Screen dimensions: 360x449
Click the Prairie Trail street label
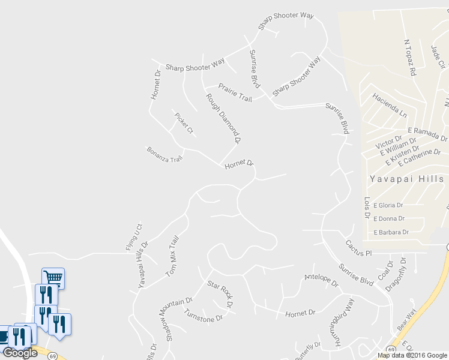point(235,92)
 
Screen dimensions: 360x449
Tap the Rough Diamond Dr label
point(223,118)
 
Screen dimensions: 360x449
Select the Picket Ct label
point(184,123)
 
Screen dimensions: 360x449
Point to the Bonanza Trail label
point(164,154)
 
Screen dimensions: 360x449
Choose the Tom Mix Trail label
point(172,256)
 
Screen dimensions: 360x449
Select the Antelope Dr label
point(321,280)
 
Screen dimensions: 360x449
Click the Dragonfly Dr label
point(397,274)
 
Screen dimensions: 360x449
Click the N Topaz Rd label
point(410,58)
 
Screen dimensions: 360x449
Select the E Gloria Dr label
point(388,205)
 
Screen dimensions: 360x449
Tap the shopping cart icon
point(53,277)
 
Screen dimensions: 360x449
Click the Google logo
point(20,352)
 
